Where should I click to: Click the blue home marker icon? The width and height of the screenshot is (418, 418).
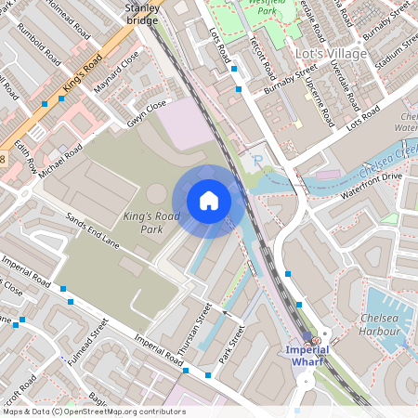point(209,200)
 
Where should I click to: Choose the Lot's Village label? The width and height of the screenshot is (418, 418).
point(333,54)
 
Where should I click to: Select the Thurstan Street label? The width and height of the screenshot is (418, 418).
point(195,323)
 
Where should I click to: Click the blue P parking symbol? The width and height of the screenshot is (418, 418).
point(258,161)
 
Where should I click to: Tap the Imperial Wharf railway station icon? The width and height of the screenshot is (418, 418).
point(316,341)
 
